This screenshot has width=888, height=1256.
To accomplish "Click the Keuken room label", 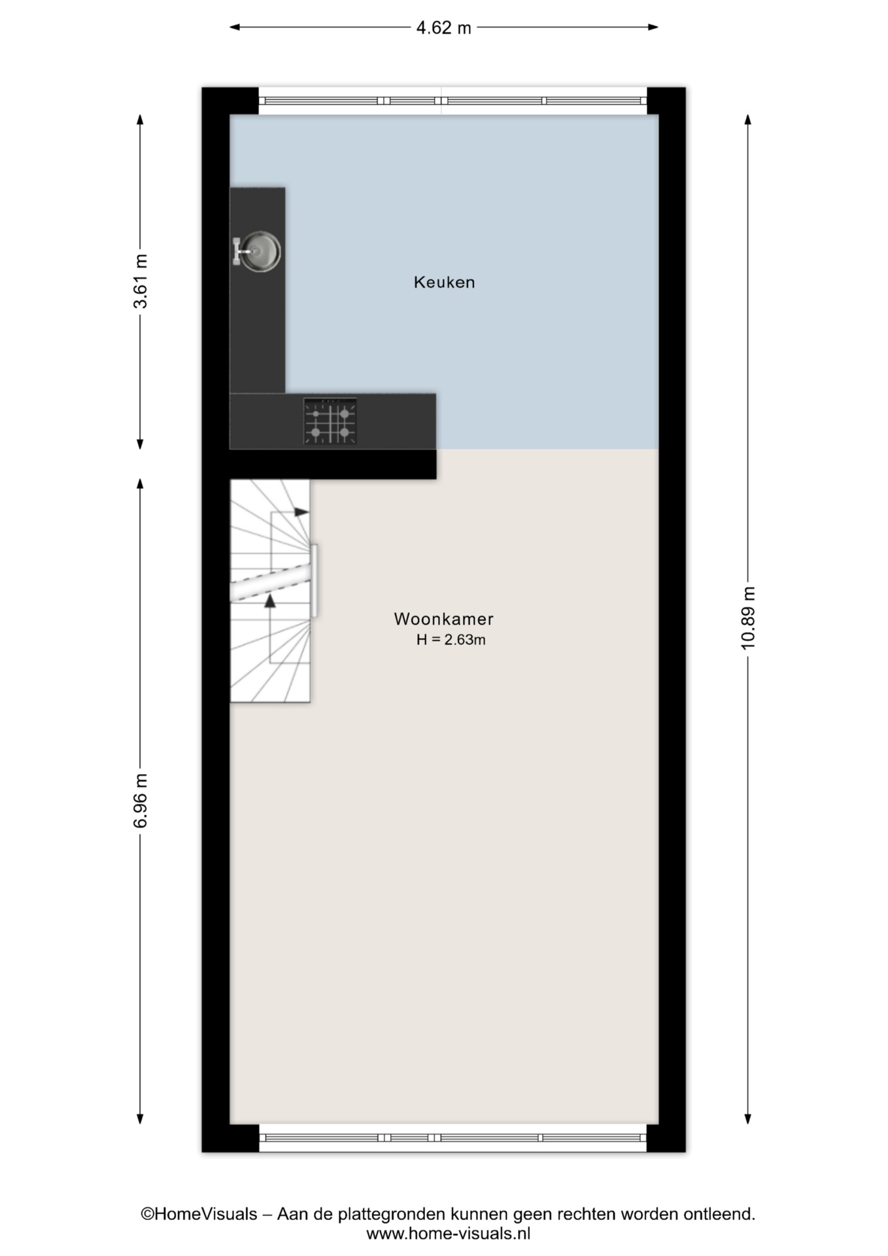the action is click(x=444, y=283).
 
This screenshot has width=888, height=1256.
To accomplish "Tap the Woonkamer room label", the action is click(x=443, y=619).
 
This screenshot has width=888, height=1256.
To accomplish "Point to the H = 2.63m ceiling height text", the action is click(x=451, y=640).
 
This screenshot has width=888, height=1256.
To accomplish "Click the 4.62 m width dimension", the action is click(x=444, y=27).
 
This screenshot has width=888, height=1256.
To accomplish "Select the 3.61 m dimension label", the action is click(x=141, y=281).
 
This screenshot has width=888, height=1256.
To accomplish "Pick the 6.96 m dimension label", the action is click(x=141, y=800).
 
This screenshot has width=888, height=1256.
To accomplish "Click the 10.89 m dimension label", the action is click(x=748, y=618).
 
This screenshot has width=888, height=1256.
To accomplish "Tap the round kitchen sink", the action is click(x=260, y=251).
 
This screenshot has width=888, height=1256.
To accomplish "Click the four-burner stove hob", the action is click(x=330, y=422).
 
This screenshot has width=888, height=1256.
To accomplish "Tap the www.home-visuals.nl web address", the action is click(x=448, y=1234).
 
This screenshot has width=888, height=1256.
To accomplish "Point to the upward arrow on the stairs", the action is click(x=269, y=601).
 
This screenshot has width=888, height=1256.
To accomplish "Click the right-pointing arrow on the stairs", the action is click(x=301, y=512).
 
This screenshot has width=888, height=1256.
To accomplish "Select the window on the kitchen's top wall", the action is click(x=453, y=101).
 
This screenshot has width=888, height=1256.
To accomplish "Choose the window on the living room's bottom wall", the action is click(x=453, y=1138).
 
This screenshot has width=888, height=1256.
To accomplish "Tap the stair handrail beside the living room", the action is click(x=314, y=581).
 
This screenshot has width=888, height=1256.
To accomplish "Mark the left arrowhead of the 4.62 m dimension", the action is click(x=233, y=27).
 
